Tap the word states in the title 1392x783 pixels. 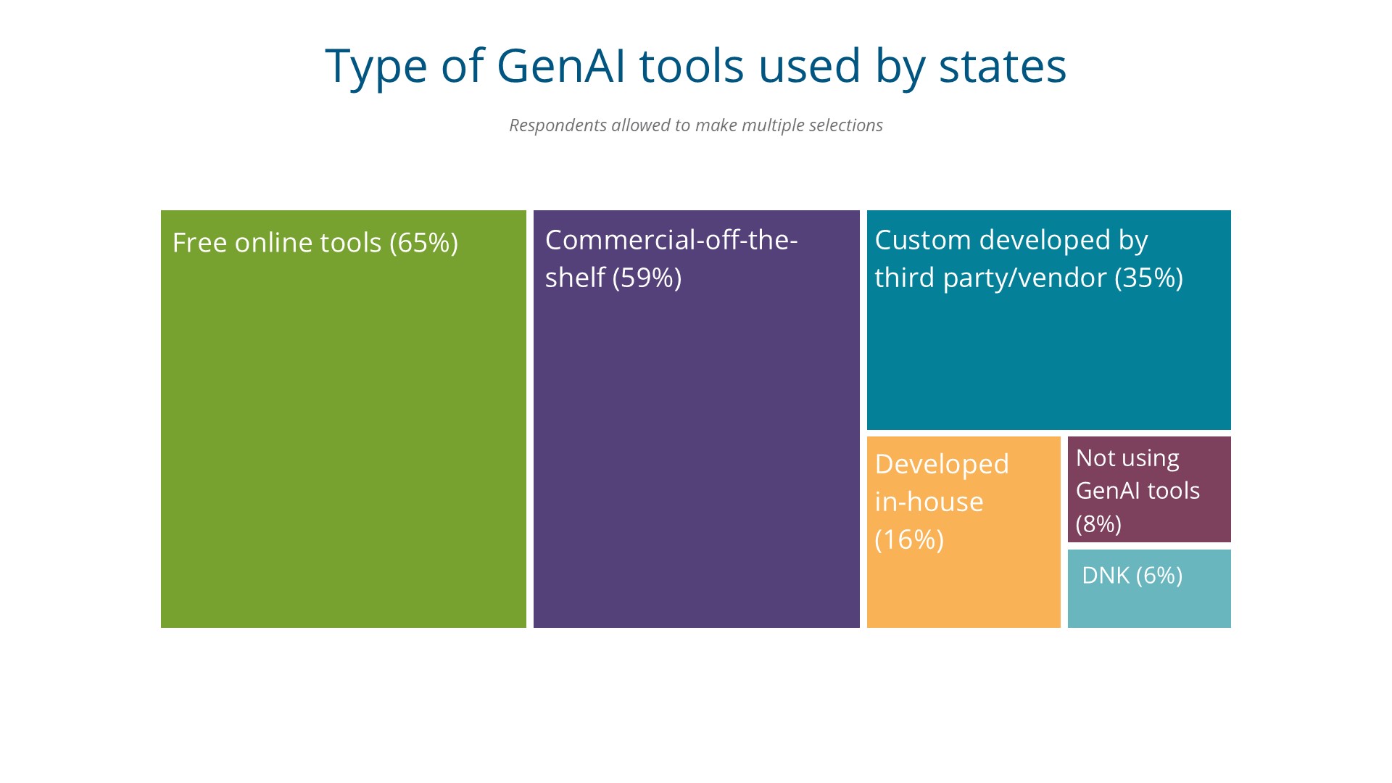point(1003,66)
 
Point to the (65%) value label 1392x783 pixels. point(423,243)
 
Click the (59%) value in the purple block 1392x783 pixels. point(647,278)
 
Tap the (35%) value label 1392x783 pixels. point(1148,278)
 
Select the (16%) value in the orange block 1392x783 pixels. point(909,539)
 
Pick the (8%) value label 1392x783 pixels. point(1098,523)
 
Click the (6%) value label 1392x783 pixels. point(1159,576)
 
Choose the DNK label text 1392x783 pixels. point(1106,576)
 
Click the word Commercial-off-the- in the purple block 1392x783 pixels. point(671,240)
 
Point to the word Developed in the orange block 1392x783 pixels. point(942,465)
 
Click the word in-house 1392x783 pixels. point(929,502)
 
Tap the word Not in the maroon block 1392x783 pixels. point(1095,457)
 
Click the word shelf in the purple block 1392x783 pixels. point(575,277)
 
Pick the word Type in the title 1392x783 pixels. point(376,67)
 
